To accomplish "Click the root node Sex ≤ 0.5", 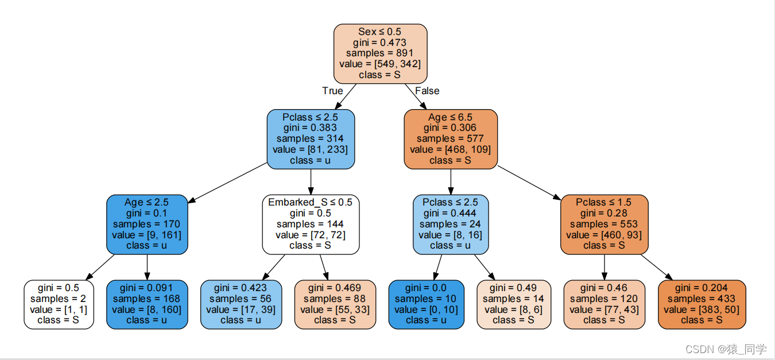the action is click(380, 53).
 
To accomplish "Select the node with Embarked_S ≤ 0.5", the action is click(311, 224).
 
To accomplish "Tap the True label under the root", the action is click(332, 91).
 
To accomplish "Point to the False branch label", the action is click(427, 91).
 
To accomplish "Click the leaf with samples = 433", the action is click(702, 304).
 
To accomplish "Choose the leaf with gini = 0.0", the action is click(426, 304).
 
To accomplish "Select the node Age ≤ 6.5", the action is click(451, 139).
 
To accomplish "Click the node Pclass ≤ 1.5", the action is click(604, 224).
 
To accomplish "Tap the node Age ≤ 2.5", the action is click(147, 224).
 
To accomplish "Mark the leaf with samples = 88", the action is click(335, 304).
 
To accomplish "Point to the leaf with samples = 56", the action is click(241, 304).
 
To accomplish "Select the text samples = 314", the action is click(310, 138).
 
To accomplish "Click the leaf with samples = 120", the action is click(604, 304).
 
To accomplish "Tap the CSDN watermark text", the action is click(726, 349).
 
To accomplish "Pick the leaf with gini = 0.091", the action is click(147, 304).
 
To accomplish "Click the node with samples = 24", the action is click(451, 224).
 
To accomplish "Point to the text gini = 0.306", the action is click(449, 127).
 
